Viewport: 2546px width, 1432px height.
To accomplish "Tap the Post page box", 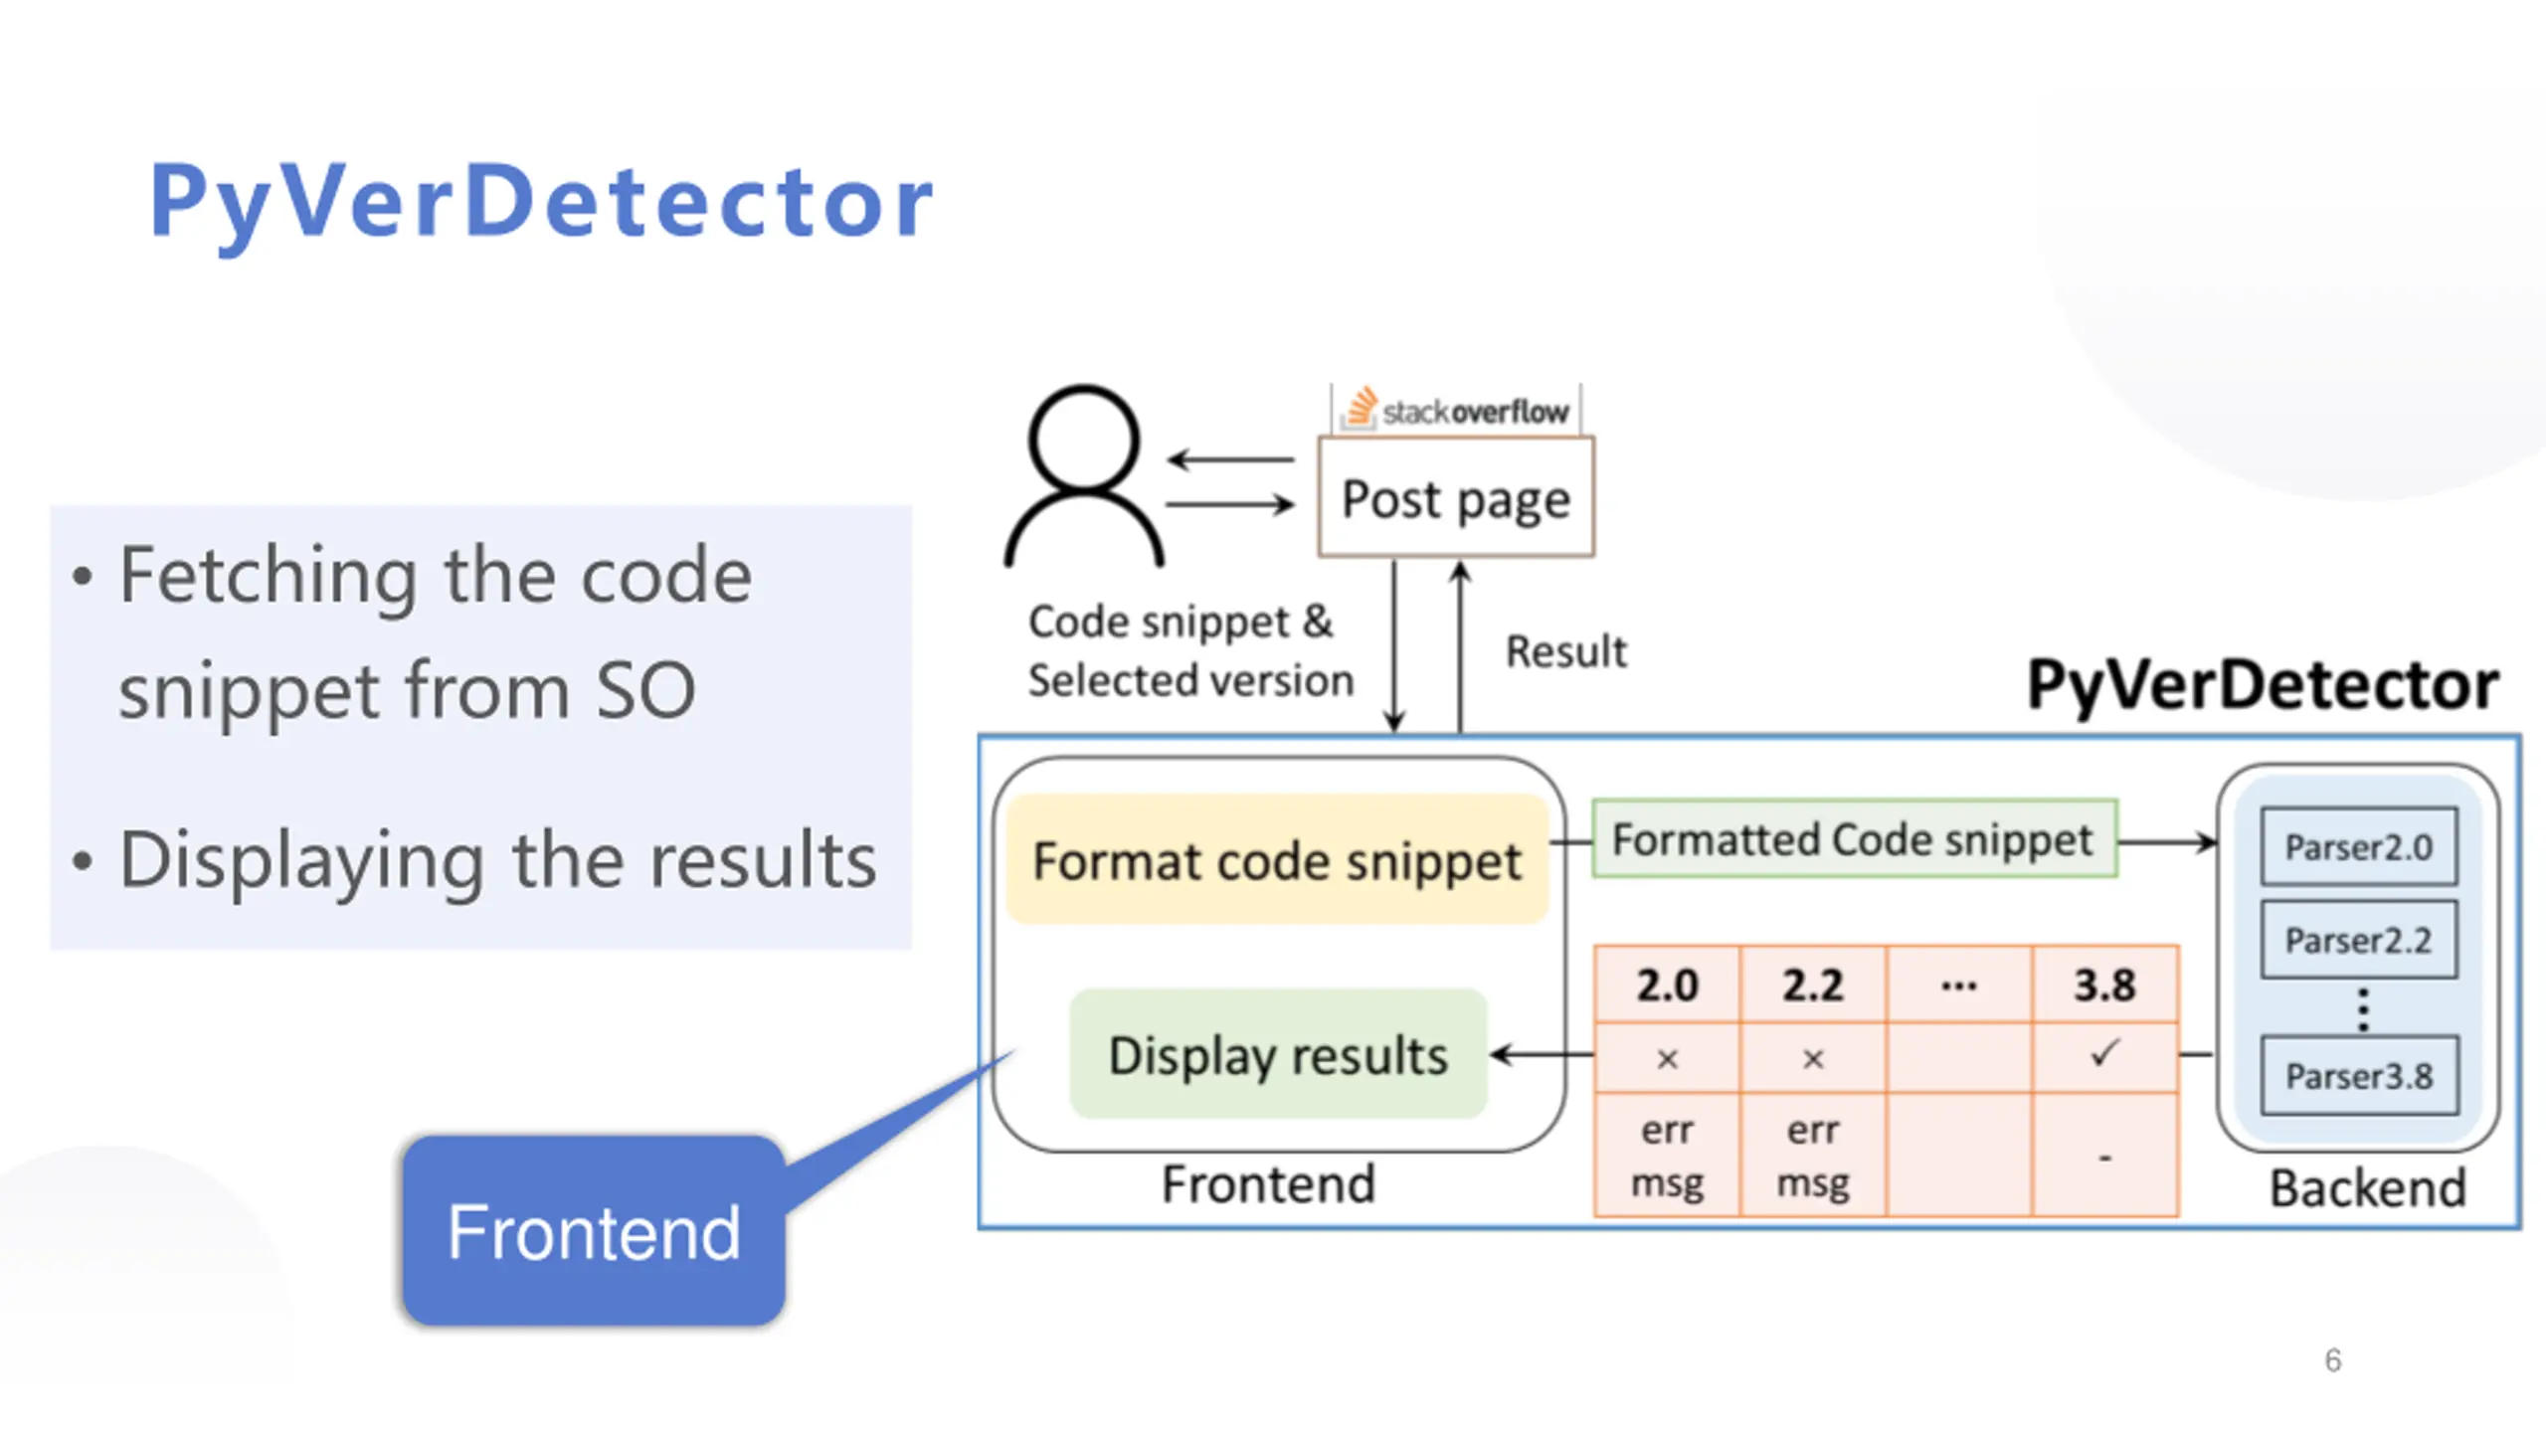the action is [x=1456, y=497].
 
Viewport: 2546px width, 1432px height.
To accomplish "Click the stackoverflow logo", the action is [x=1456, y=409].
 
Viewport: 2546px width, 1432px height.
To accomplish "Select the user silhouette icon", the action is [x=1084, y=475].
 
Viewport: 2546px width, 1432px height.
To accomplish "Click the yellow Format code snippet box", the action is [x=1278, y=859].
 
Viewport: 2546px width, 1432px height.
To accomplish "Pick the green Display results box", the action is [x=1278, y=1054].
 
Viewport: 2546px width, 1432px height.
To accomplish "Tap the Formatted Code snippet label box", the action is [x=1854, y=839].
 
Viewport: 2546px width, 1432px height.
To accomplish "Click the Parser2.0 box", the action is [x=2359, y=847].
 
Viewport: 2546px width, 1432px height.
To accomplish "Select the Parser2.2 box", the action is [x=2359, y=940].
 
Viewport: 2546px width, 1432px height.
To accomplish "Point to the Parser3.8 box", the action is [x=2359, y=1076].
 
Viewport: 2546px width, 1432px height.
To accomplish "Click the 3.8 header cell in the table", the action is [x=2105, y=984].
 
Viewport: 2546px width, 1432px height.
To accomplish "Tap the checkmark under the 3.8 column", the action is [x=2105, y=1053].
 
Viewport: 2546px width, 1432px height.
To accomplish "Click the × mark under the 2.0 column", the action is [x=1668, y=1059].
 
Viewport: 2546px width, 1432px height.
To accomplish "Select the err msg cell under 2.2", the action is [x=1813, y=1156].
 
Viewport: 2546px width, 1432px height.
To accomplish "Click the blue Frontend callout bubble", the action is [x=594, y=1231].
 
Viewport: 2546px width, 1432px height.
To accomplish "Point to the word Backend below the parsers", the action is [x=2368, y=1188].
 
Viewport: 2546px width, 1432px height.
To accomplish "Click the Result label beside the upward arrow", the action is [x=1566, y=652].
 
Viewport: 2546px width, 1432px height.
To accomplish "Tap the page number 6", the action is [x=2333, y=1360].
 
